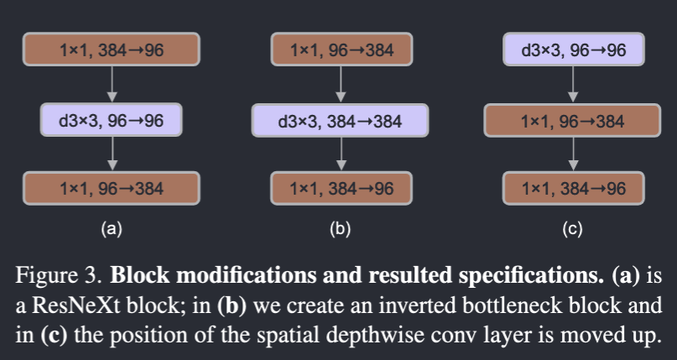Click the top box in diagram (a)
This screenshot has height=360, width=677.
tap(112, 50)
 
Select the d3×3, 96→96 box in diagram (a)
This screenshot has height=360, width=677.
tap(112, 121)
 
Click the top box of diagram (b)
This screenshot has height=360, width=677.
tap(340, 50)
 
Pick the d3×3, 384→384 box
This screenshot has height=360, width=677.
tap(340, 121)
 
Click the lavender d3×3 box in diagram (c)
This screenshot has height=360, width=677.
tap(573, 50)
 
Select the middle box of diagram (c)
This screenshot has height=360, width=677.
tap(573, 121)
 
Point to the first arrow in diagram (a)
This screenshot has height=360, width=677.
tap(112, 85)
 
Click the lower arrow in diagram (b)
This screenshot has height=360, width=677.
tap(340, 154)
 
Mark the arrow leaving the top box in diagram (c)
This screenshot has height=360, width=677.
tap(573, 85)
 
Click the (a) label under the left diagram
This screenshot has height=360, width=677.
tap(112, 227)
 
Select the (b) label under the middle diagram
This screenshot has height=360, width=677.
tap(340, 227)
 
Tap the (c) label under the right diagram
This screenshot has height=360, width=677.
tap(573, 227)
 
